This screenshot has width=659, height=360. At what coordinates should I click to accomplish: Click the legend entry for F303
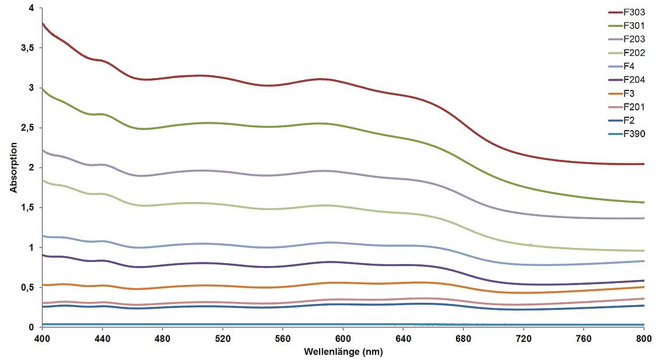pyautogui.click(x=633, y=12)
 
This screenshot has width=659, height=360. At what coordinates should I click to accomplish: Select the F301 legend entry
pyautogui.click(x=633, y=25)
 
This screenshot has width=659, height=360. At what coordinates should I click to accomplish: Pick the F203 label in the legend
pyautogui.click(x=633, y=39)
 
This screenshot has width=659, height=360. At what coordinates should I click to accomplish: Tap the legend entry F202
pyautogui.click(x=633, y=53)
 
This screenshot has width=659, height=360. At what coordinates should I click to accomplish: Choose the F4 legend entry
pyautogui.click(x=628, y=66)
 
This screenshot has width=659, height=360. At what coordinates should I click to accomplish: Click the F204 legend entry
pyautogui.click(x=633, y=79)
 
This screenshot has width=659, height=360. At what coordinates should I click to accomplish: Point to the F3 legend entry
pyautogui.click(x=628, y=93)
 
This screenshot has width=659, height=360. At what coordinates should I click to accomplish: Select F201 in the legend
pyautogui.click(x=633, y=107)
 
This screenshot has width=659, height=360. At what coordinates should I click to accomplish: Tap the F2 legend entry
pyautogui.click(x=628, y=120)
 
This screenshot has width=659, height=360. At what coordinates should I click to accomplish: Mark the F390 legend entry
pyautogui.click(x=633, y=134)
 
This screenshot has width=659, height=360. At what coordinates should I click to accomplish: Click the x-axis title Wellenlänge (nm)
pyautogui.click(x=343, y=352)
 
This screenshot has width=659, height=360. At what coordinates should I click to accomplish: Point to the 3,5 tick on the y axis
pyautogui.click(x=27, y=48)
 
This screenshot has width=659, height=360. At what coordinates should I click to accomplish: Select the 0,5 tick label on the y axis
pyautogui.click(x=27, y=288)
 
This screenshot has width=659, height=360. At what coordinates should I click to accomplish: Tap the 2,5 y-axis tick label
pyautogui.click(x=27, y=128)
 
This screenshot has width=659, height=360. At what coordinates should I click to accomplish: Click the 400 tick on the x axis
pyautogui.click(x=42, y=338)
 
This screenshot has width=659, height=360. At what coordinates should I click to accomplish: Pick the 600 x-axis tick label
pyautogui.click(x=343, y=338)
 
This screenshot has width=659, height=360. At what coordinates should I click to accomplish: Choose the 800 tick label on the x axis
pyautogui.click(x=643, y=338)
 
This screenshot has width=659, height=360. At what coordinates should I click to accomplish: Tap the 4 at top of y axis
pyautogui.click(x=31, y=8)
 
